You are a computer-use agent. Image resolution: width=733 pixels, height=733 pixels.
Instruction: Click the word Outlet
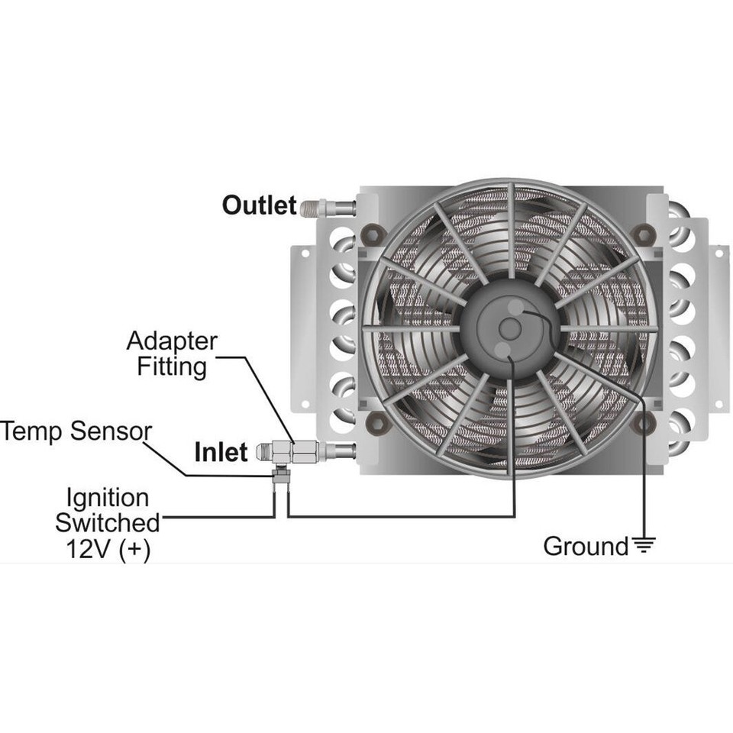[x=259, y=205]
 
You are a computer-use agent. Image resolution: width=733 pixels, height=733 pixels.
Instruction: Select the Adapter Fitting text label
[x=172, y=354]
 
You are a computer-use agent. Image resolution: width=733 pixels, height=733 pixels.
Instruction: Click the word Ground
[x=585, y=546]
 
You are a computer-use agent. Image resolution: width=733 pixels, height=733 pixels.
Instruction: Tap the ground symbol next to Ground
[x=644, y=546]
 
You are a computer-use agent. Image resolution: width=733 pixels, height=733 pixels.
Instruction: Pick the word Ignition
[x=107, y=499]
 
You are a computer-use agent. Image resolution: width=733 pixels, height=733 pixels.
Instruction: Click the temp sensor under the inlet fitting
[x=280, y=478]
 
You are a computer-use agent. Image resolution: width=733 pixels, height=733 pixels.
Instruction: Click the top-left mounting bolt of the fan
[x=372, y=233]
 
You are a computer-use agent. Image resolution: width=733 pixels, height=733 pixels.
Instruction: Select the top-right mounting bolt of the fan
[x=646, y=233]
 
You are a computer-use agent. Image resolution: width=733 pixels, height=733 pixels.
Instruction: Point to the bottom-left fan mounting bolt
[x=376, y=422]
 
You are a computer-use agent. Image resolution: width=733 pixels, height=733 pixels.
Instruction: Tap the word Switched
[x=108, y=524]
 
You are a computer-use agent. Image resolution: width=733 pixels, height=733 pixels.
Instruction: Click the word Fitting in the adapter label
[x=172, y=366]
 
